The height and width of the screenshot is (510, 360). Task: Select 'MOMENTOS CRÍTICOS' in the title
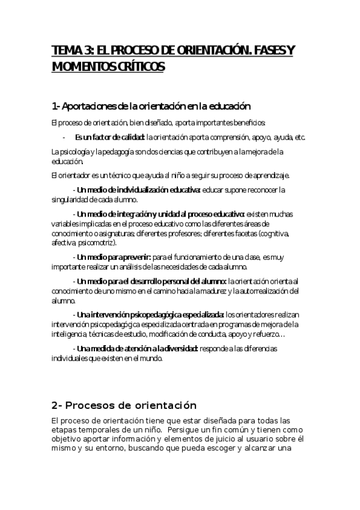point(108,67)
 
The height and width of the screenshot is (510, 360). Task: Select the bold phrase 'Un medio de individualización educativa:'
point(136,190)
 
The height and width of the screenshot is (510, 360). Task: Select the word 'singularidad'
point(72,200)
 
